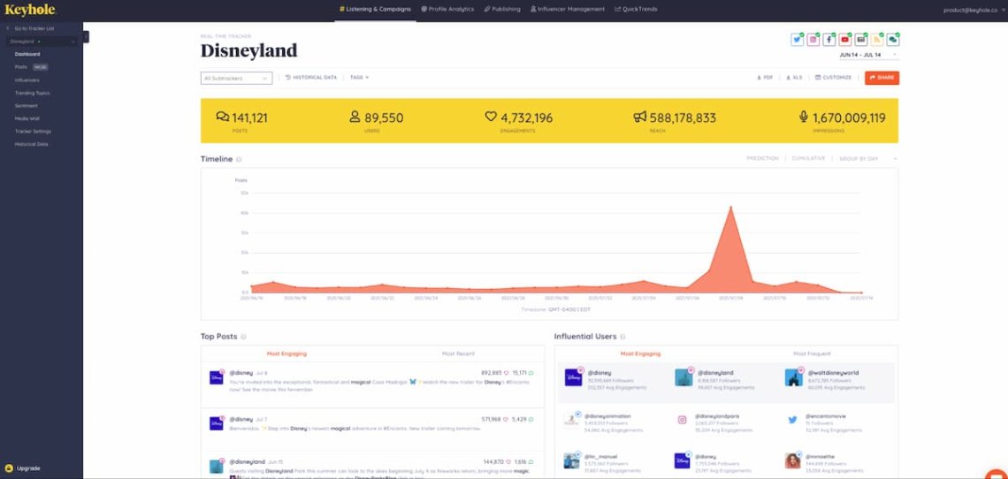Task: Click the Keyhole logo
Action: pos(30,10)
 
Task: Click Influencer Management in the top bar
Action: pos(568,9)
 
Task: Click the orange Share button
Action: pos(882,78)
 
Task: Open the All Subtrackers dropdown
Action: pos(236,78)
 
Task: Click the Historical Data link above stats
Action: pos(311,78)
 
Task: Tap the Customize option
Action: pos(833,78)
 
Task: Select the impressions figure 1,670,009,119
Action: pos(841,118)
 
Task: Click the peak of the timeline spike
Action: pos(730,208)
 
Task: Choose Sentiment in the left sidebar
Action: pos(26,105)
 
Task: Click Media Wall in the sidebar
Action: pos(27,118)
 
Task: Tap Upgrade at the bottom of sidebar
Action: pos(27,468)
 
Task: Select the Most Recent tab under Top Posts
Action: pos(458,354)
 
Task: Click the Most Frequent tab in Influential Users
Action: pos(812,354)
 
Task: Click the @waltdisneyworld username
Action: pos(832,373)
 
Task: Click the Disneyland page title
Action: pos(248,50)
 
